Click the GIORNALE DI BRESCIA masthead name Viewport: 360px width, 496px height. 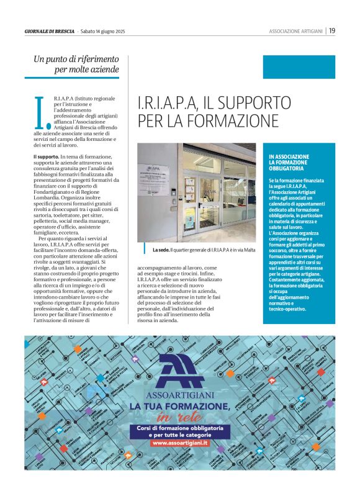[50, 31]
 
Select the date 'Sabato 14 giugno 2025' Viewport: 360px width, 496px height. [104, 31]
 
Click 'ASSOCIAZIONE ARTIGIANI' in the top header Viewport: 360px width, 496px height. [295, 31]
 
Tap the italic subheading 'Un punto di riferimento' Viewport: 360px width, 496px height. [76, 59]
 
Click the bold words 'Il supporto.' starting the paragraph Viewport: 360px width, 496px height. [46, 157]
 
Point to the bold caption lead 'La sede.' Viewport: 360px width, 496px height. [160, 250]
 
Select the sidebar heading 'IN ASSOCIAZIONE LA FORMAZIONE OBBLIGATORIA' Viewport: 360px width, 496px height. [289, 162]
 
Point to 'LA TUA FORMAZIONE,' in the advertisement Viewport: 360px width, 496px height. [179, 406]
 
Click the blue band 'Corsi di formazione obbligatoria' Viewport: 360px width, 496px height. [179, 428]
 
